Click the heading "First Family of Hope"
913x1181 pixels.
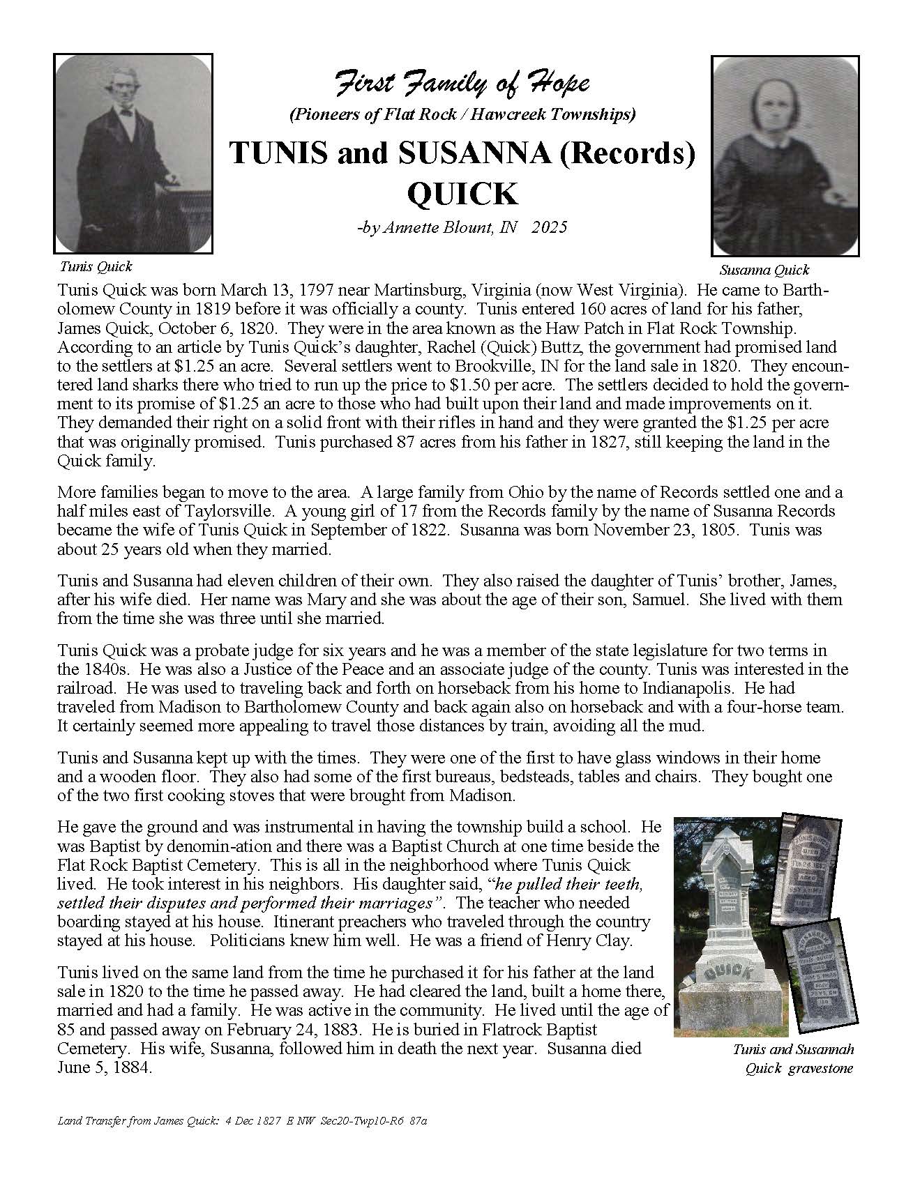[462, 84]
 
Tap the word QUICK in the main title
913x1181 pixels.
[462, 194]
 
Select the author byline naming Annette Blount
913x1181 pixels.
[462, 227]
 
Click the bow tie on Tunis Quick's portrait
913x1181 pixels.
[127, 111]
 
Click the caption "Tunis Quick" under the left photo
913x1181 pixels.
[96, 266]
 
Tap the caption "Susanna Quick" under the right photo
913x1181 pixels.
[764, 270]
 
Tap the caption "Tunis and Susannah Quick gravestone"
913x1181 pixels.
[793, 1058]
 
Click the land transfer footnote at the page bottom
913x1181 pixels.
[242, 1141]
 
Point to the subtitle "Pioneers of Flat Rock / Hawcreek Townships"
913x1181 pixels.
[462, 115]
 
